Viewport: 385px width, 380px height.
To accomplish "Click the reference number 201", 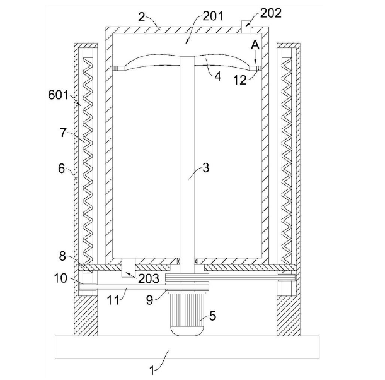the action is (x=212, y=16).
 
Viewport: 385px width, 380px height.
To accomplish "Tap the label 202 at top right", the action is (x=270, y=13).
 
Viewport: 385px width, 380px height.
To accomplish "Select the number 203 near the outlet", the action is (x=149, y=278).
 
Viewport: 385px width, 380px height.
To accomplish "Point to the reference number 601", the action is (x=58, y=95).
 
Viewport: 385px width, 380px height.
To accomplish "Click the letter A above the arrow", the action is (x=255, y=45).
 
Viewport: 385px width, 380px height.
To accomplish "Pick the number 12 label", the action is (x=239, y=80).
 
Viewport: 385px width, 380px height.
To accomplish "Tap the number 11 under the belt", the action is (x=113, y=300).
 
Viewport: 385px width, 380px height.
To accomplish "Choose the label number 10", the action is (x=60, y=278).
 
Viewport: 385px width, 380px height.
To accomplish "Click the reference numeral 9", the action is (x=150, y=300).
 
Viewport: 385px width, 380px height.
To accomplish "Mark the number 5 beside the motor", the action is (x=212, y=316).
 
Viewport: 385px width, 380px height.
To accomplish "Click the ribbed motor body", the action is (x=187, y=313).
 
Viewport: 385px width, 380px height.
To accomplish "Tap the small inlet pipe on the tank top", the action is (x=246, y=27).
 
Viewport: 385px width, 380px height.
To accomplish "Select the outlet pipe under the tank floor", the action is (x=129, y=268).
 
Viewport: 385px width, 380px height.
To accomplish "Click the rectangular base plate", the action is (x=187, y=347).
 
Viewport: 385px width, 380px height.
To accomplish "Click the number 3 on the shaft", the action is (x=206, y=168).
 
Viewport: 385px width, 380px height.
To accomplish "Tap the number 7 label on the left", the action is (x=64, y=133).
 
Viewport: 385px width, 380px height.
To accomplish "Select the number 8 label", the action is (x=62, y=256).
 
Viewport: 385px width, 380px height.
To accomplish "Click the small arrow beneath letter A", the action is (x=255, y=57).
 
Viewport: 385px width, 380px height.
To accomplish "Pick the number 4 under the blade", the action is (x=218, y=77).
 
